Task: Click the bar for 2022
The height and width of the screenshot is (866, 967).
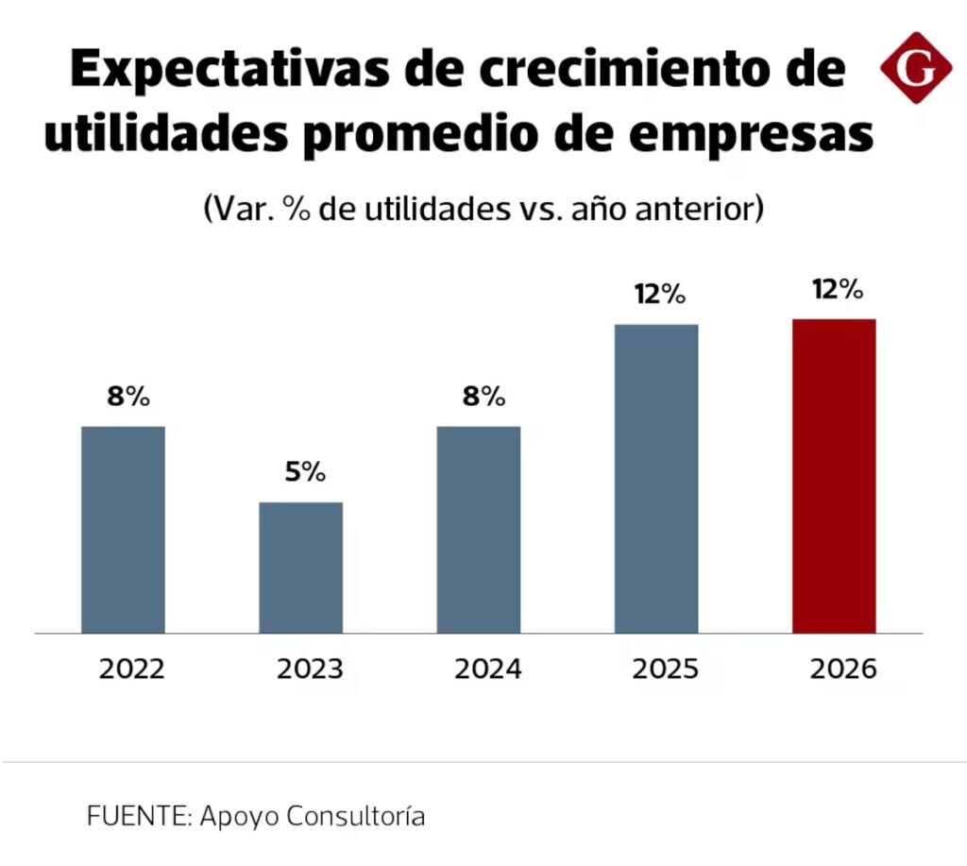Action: [x=123, y=529]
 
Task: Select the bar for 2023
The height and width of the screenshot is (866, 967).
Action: [x=300, y=567]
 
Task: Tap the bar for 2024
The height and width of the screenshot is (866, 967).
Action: [x=478, y=529]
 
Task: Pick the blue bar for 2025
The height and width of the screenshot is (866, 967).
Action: [x=656, y=478]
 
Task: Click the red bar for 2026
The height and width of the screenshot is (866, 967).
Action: [x=834, y=475]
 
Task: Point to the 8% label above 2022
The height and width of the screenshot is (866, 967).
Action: [x=128, y=397]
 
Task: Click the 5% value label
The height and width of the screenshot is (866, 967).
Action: [x=305, y=472]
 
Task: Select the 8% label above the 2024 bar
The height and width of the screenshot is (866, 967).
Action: [x=483, y=397]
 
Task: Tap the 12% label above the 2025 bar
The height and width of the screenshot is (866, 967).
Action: [x=659, y=295]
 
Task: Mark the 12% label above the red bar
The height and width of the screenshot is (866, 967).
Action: [x=838, y=289]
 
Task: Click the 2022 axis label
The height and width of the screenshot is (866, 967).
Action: [x=132, y=670]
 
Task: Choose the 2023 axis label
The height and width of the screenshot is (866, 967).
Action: [x=310, y=670]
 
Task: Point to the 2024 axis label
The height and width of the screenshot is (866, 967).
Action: [x=487, y=670]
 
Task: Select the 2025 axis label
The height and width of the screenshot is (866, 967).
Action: [x=665, y=670]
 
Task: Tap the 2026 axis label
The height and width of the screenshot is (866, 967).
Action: [x=843, y=670]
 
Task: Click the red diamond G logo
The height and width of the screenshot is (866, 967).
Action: [x=915, y=67]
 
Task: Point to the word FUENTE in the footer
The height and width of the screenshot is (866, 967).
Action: [x=138, y=816]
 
